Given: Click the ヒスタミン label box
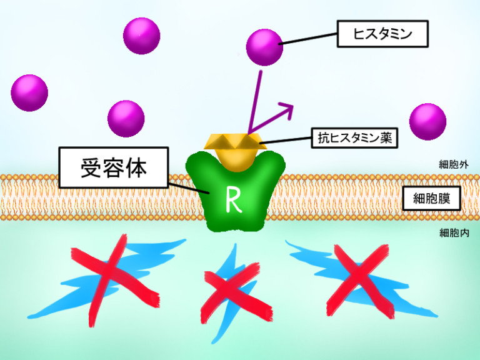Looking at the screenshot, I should [382, 34].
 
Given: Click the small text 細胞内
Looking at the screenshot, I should [454, 233].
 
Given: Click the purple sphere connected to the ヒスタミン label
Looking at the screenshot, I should [265, 47].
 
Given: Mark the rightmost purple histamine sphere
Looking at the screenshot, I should [427, 122].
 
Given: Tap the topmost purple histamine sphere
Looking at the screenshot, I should [142, 36].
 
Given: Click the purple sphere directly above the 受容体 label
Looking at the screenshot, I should [126, 119].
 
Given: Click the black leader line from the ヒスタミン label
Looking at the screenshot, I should [309, 39].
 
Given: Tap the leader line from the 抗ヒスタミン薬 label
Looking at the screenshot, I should [287, 140].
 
